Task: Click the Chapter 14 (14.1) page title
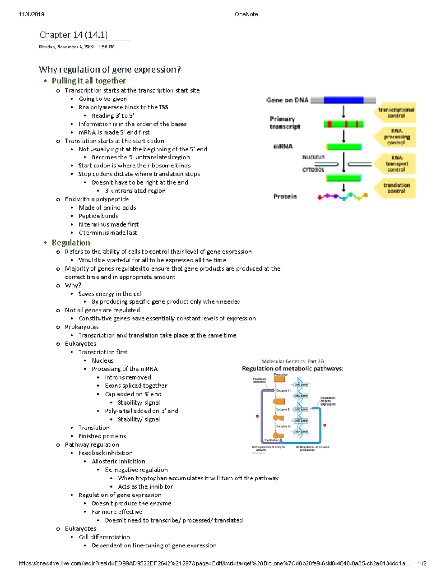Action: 73,35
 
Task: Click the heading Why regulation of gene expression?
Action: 110,70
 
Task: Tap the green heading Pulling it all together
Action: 88,81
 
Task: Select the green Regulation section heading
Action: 71,243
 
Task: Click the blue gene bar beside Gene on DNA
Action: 343,100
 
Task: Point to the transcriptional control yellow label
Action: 396,112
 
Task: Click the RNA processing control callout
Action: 396,137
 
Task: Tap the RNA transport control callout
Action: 396,163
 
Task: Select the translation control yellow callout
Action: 396,188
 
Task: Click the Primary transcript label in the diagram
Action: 284,122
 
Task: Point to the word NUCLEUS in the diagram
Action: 313,157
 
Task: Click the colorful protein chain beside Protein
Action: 342,196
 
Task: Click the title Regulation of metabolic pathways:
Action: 293,368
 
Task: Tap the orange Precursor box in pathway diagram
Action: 279,379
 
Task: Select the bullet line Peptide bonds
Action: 98,216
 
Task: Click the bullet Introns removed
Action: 127,377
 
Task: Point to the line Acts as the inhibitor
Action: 145,486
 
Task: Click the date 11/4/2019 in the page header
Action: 32,14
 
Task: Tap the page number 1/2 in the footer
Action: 422,563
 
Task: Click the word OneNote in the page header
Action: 246,14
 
